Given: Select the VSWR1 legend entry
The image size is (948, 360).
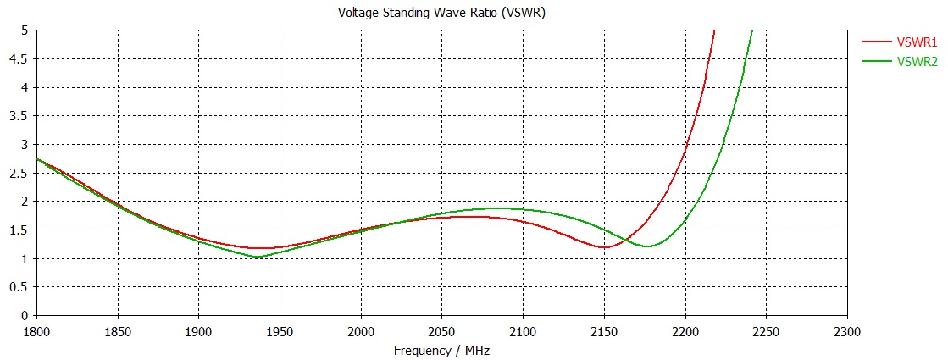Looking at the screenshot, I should tap(917, 42).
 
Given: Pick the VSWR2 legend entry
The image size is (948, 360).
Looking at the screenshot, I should tap(917, 61).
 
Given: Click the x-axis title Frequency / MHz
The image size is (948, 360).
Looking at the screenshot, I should tap(442, 350).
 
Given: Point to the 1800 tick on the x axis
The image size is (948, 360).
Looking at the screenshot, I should tap(36, 331).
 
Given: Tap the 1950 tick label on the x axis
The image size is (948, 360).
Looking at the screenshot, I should tap(280, 331).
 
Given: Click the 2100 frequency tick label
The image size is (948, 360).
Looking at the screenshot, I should tap(524, 331).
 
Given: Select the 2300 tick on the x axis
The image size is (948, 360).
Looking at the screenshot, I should tap(847, 331).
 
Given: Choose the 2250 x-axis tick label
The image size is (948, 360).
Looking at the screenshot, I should tap(767, 331).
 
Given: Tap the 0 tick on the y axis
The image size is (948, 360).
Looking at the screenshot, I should tap(26, 316).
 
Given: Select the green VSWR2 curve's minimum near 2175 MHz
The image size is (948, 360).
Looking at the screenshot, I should tap(647, 246).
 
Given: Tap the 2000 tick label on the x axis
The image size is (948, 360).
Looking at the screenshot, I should tap(361, 331).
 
